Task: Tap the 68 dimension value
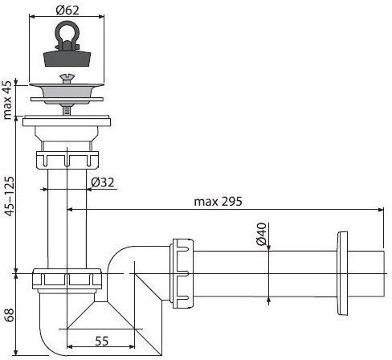tap(8, 313)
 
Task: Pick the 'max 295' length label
tap(215, 201)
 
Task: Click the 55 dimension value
tap(101, 342)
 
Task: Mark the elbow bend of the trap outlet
tap(129, 257)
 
